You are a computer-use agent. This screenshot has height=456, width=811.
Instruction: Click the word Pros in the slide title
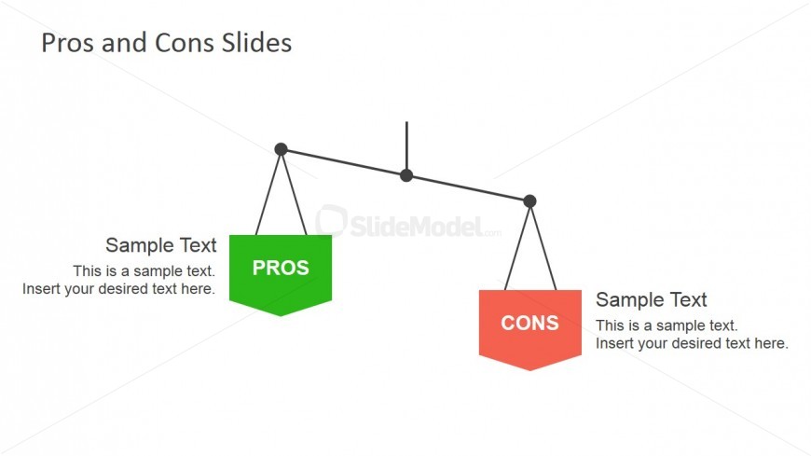coord(68,43)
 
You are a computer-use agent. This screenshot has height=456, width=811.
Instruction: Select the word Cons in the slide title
coord(185,43)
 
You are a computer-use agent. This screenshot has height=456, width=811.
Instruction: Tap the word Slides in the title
coord(256,43)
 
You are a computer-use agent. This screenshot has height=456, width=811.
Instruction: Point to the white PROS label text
coord(281,268)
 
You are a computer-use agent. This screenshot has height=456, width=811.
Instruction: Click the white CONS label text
coord(529,323)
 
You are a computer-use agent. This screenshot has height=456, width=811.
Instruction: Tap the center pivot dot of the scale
coord(406,175)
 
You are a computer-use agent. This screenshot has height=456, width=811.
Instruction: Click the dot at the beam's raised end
coord(281,149)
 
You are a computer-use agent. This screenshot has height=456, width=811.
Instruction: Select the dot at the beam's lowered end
coord(529,200)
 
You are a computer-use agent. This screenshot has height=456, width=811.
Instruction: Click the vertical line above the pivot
coord(406,145)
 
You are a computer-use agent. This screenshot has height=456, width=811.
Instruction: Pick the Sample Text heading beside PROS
coord(161,245)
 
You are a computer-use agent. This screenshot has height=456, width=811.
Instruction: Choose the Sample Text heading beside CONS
coord(652,299)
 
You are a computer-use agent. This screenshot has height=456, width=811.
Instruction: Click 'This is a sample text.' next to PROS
coord(144,270)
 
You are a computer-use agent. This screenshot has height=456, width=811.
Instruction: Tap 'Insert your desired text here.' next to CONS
coord(692,343)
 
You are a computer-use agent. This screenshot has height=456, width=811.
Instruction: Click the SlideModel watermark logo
coord(408,223)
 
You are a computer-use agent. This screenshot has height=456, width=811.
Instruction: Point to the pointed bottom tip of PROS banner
coord(281,316)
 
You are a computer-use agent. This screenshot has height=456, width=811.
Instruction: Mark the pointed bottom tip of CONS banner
coord(530,370)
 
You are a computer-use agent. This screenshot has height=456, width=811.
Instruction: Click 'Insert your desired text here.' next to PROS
coord(118,289)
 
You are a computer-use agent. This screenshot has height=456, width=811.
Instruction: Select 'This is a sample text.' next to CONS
coord(667,325)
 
